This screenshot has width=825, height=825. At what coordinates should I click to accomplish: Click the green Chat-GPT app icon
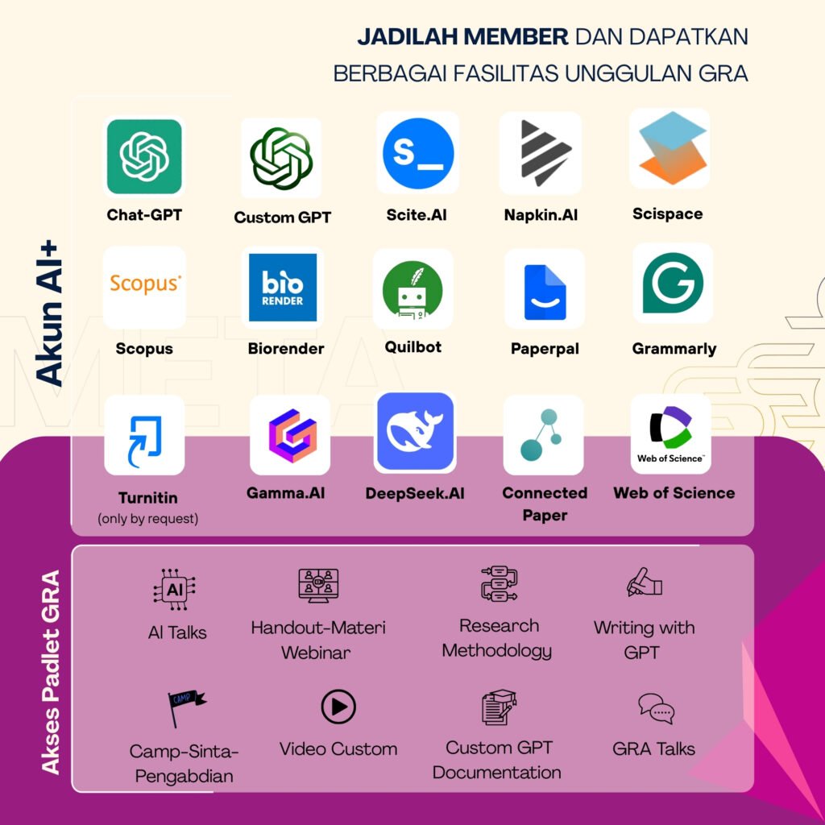[x=144, y=156]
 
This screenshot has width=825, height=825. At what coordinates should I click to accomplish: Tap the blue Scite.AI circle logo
[x=418, y=153]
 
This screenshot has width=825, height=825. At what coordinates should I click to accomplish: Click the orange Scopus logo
[x=145, y=284]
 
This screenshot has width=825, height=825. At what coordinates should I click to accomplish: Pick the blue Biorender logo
[x=282, y=287]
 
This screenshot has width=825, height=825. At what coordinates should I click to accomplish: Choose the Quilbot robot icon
[x=412, y=288]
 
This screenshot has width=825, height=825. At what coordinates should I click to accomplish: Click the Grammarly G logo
[x=673, y=283]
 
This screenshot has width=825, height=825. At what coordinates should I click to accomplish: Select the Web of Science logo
[x=670, y=433]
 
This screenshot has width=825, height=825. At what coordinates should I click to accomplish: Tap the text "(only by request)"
[x=147, y=519]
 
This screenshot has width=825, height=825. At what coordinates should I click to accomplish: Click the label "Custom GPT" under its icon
[x=282, y=218]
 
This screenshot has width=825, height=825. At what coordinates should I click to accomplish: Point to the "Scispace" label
[x=667, y=214]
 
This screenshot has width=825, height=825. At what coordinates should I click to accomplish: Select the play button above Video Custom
[x=338, y=707]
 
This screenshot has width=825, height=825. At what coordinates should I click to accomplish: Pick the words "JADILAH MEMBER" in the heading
[x=462, y=37]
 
